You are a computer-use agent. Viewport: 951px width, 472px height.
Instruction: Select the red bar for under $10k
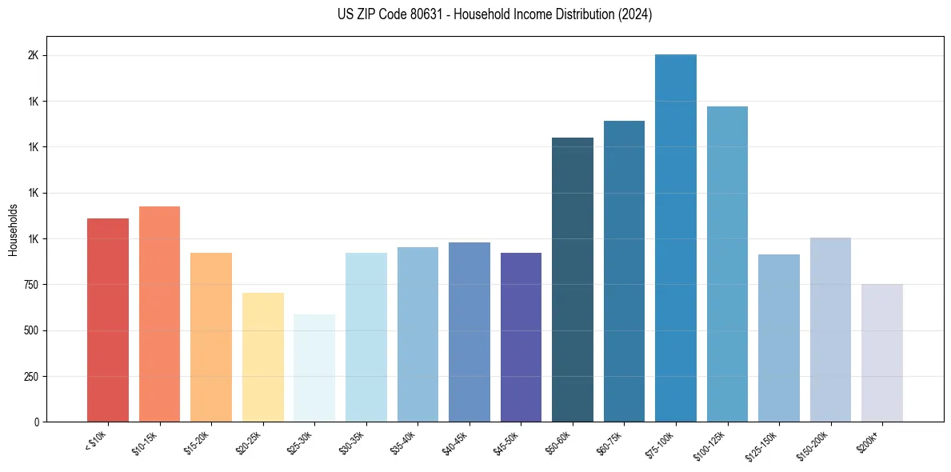tap(107, 320)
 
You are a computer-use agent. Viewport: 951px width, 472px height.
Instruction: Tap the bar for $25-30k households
tap(314, 368)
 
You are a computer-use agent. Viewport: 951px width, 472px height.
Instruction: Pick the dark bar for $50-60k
tap(572, 280)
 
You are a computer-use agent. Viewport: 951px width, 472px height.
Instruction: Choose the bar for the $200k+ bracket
tap(881, 353)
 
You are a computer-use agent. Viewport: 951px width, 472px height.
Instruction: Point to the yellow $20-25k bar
tap(262, 357)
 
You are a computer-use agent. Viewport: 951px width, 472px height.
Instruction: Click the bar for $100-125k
tap(727, 264)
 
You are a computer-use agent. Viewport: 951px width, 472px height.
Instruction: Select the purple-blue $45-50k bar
tap(521, 337)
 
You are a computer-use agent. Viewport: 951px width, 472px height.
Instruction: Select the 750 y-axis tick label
tap(30, 285)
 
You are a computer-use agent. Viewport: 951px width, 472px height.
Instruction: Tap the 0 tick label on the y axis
tap(37, 422)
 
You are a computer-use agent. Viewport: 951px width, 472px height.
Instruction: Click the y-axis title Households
tap(13, 230)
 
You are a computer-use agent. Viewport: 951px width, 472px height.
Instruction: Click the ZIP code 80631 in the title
tap(421, 14)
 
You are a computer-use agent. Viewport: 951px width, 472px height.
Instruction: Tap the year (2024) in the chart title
tap(635, 14)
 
